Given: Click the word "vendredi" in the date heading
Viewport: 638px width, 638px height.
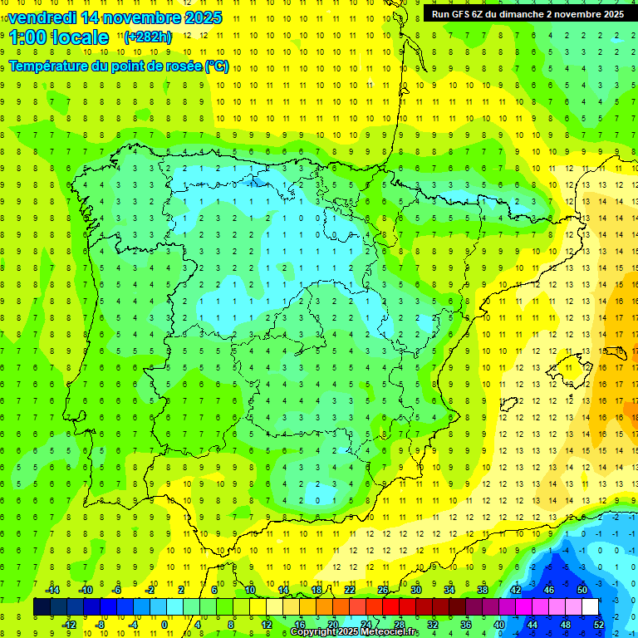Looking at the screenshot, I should pos(42,17).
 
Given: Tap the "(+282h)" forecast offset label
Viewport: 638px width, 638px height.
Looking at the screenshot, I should pos(148,37).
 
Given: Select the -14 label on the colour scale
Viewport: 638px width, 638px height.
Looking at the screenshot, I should pos(52,590).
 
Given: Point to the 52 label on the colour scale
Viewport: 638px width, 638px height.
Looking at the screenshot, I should pos(599,625).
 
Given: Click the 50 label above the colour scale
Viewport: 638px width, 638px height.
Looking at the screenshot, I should pos(582,590).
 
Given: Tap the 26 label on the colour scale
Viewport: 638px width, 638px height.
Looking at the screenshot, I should pos(383,590).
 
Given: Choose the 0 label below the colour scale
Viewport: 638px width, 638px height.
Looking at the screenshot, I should pos(164,625).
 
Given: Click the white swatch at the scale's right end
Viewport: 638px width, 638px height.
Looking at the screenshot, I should pos(590,607).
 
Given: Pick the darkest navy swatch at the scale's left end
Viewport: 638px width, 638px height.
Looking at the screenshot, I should pos(42,607).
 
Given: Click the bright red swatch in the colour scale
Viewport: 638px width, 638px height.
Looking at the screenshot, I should pos(390,607).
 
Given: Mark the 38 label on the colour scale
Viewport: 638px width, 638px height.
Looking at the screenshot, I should pos(483,590).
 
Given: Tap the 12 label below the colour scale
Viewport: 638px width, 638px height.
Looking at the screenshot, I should pos(266,625).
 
